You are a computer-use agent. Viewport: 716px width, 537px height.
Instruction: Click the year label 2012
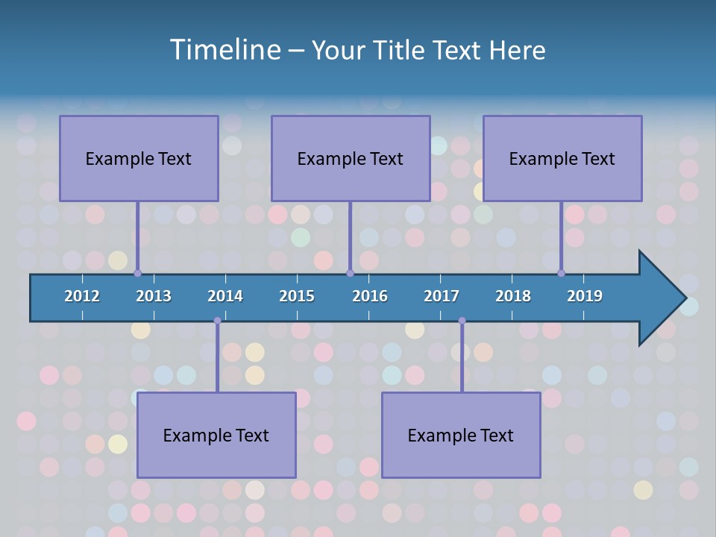pos(82,296)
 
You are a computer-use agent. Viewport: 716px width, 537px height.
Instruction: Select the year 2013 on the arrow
pos(154,296)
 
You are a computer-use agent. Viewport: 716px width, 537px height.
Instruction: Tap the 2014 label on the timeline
pos(225,296)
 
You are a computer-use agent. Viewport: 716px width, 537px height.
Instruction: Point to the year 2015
pos(297,296)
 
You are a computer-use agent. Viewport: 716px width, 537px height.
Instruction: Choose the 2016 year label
pos(370,296)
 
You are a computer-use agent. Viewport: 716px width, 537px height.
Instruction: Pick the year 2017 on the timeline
pos(442,296)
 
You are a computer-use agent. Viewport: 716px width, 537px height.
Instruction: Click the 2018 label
pos(513,296)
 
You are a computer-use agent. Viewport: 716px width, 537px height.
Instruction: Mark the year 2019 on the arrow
pos(585,296)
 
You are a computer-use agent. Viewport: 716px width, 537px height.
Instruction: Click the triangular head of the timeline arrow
pos(661,298)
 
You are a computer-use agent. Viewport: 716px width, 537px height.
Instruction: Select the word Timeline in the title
pos(224,50)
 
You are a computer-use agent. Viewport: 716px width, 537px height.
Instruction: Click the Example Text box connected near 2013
pos(139,158)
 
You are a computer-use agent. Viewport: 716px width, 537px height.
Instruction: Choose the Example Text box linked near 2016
pos(351,158)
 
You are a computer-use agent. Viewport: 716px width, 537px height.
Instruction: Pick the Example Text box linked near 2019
pos(562,158)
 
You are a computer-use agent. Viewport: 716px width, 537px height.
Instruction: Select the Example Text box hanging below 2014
pos(216,435)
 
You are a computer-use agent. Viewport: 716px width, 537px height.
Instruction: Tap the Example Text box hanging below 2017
pos(461,435)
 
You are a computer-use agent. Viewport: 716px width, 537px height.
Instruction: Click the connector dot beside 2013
pos(138,273)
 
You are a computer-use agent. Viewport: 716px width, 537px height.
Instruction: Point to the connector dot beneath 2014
pos(217,321)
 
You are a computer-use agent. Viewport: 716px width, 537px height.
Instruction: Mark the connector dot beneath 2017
pos(462,321)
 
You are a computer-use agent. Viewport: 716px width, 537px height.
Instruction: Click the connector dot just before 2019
pos(561,273)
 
